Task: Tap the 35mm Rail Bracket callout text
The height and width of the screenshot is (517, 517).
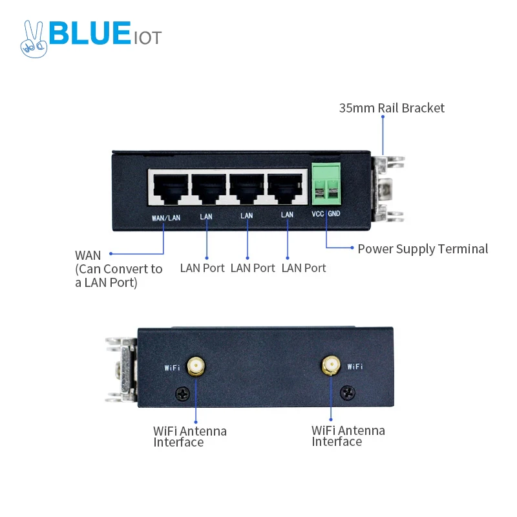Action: click(392, 108)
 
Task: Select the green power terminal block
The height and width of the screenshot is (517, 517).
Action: click(326, 182)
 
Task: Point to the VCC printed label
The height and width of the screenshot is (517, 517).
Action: click(317, 214)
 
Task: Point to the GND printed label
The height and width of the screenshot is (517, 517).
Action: click(334, 214)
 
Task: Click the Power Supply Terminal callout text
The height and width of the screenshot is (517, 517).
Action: click(423, 249)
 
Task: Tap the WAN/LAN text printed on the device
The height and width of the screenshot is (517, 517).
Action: click(166, 218)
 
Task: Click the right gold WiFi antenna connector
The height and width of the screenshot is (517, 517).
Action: click(331, 366)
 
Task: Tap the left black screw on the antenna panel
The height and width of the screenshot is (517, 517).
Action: click(184, 391)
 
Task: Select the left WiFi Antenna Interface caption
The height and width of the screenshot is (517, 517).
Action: click(189, 436)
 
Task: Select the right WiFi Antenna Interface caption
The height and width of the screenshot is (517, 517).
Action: click(348, 436)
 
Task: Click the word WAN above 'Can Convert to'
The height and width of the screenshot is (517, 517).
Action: click(89, 255)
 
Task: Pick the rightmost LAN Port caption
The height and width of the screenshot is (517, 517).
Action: click(304, 268)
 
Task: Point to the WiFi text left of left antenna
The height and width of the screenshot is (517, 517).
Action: click(173, 368)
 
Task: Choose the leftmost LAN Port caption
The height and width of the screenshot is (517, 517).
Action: click(202, 268)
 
